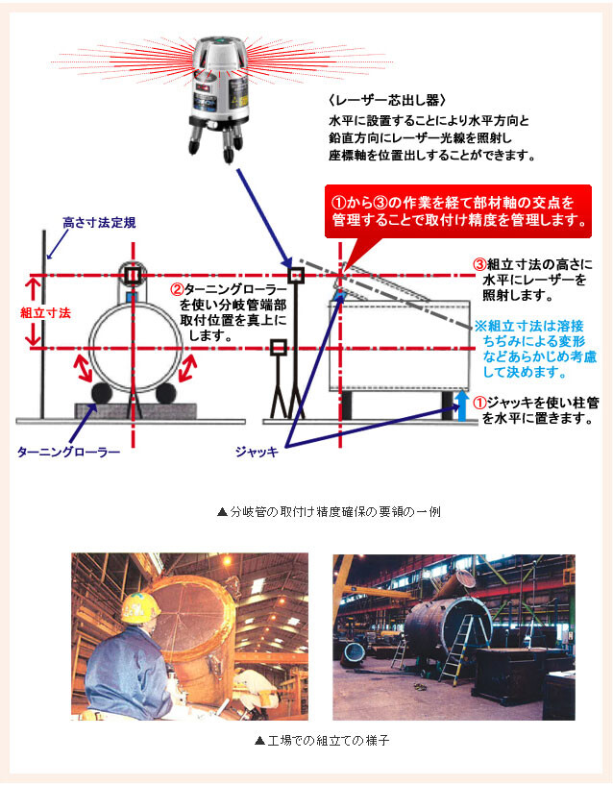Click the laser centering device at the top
219,98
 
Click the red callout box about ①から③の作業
458,211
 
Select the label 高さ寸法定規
99,223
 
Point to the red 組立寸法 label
45,313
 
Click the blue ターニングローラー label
68,453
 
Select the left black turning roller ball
101,394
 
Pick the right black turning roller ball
166,394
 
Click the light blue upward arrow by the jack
462,406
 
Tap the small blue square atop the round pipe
132,297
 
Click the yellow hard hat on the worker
140,607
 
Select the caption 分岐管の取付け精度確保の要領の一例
330,512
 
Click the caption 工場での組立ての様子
322,740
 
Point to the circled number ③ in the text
479,264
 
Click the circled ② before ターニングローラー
177,289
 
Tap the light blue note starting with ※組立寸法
535,349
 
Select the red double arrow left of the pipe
82,367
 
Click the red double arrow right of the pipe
187,367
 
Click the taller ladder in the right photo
458,649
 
